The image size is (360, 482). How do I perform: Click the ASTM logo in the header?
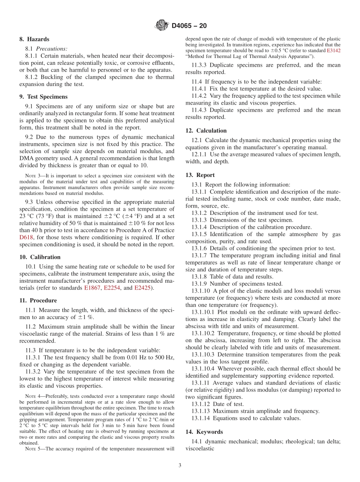(162, 26)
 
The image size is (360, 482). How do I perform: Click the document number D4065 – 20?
(189, 26)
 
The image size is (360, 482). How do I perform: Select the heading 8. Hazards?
(34, 39)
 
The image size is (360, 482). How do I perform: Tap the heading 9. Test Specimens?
(43, 97)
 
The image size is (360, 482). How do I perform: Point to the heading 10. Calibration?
(40, 257)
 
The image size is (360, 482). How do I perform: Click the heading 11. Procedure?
(38, 300)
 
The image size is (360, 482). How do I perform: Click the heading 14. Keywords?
(204, 432)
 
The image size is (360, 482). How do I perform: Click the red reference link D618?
(27, 237)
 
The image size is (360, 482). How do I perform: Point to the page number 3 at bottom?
(180, 466)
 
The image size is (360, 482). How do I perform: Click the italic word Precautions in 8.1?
(52, 49)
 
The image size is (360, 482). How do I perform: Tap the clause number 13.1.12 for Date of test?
(201, 404)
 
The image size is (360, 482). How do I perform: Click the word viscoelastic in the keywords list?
(200, 448)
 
